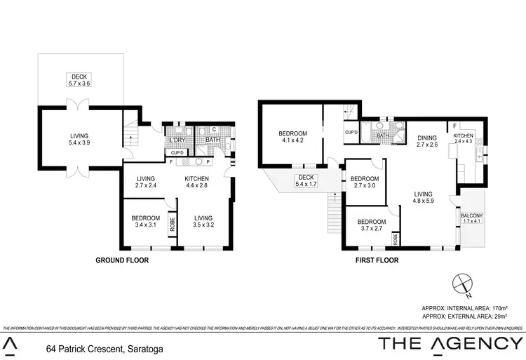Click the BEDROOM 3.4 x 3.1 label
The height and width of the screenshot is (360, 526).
pos(146,222)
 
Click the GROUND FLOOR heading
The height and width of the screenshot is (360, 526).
pos(122,260)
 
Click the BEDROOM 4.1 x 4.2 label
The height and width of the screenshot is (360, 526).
pos(292,138)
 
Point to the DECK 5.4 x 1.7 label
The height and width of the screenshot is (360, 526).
pos(306,181)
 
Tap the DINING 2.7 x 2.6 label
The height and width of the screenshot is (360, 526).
pos(427,141)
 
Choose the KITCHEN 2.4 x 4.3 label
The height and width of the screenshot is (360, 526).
pos(464,139)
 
